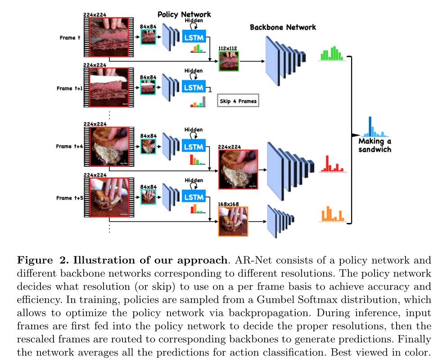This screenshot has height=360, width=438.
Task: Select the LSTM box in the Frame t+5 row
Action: point(194,197)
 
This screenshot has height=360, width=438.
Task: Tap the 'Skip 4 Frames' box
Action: point(238,101)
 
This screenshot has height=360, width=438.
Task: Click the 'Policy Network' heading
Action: point(184,14)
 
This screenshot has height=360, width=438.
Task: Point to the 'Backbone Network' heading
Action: point(283,27)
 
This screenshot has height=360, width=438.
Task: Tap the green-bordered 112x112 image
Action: point(229,61)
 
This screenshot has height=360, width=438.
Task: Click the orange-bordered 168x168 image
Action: point(233,221)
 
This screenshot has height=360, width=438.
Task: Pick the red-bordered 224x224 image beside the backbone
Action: point(238,169)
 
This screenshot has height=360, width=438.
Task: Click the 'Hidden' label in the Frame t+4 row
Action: point(194,130)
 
